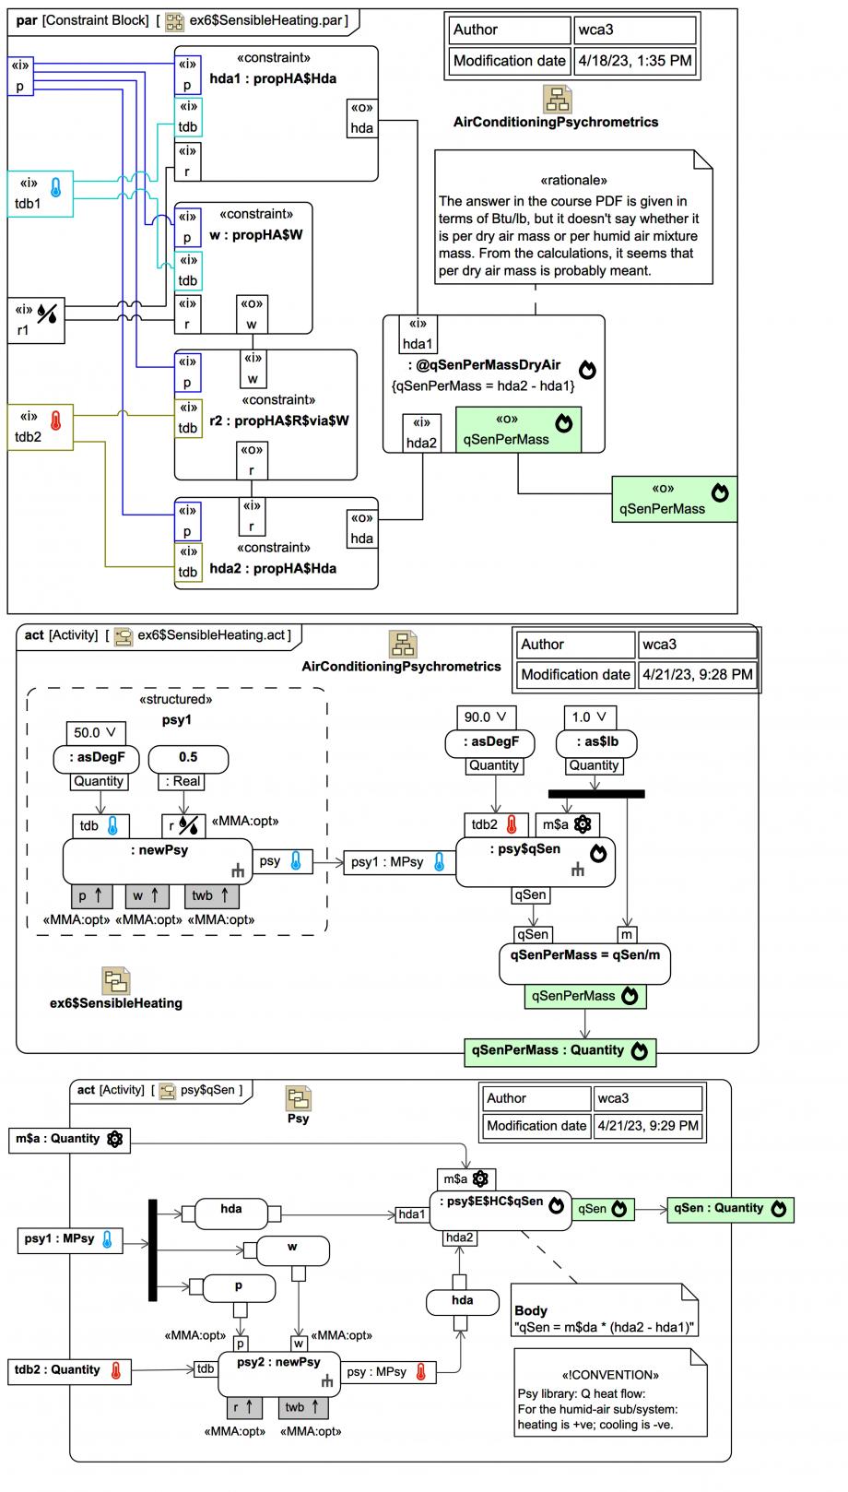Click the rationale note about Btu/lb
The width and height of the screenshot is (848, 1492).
click(x=573, y=227)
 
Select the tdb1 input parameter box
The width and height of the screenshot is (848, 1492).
click(x=40, y=194)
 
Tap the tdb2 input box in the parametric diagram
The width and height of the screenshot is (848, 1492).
click(x=40, y=428)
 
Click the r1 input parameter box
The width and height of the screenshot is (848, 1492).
click(x=37, y=320)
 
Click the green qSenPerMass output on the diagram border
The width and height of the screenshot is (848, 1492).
click(x=674, y=499)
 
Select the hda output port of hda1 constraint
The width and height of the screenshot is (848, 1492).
click(x=362, y=119)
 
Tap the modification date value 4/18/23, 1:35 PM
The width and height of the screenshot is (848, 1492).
click(x=633, y=61)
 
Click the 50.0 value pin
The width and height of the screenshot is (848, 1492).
click(x=96, y=732)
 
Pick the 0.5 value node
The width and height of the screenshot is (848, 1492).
click(x=188, y=758)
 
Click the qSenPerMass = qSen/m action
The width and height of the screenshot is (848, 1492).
click(x=584, y=963)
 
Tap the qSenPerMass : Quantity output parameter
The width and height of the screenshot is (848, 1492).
click(x=559, y=1050)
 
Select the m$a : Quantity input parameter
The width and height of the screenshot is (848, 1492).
click(x=69, y=1139)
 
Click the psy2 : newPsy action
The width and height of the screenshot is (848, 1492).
click(x=278, y=1372)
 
